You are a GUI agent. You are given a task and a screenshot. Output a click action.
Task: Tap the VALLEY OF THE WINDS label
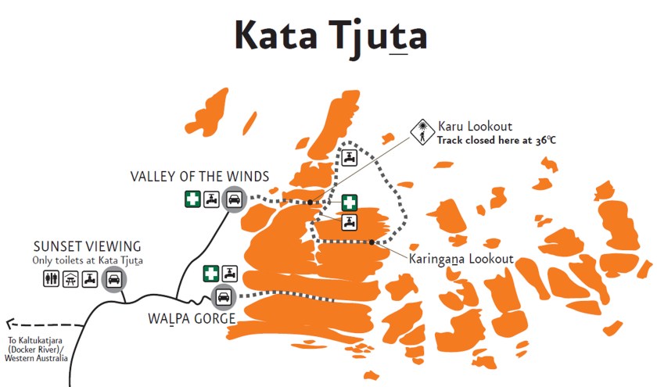click(199, 177)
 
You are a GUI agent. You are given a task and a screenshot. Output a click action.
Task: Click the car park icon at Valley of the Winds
click(233, 200)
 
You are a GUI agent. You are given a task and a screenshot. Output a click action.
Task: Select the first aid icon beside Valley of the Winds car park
click(192, 200)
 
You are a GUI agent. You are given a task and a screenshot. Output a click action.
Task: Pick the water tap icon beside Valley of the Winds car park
click(212, 200)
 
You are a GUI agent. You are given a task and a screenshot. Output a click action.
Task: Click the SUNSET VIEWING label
click(87, 246)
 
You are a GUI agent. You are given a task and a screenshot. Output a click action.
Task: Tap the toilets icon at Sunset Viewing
click(52, 279)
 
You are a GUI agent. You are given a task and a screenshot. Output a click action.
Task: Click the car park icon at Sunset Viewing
click(114, 279)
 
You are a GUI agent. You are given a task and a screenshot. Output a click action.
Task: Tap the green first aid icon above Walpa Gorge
click(210, 274)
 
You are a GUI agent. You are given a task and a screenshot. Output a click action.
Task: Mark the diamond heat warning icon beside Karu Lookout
click(422, 131)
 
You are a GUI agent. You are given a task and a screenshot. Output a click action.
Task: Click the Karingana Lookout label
click(461, 259)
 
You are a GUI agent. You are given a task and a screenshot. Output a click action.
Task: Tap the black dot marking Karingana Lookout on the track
click(372, 242)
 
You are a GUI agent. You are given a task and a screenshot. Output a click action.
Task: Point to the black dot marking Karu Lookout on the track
click(310, 202)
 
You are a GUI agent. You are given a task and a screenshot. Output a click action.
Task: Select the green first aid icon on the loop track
click(349, 202)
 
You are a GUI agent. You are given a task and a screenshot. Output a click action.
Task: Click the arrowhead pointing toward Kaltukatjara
click(9, 322)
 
